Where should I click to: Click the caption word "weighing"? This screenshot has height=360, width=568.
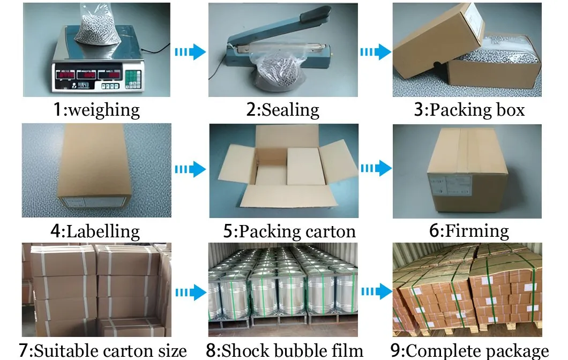click(x=104, y=110)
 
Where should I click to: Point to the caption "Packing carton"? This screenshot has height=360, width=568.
click(x=297, y=231)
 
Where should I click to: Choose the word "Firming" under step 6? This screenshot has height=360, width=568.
click(x=477, y=231)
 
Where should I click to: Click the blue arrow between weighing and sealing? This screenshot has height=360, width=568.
click(x=190, y=52)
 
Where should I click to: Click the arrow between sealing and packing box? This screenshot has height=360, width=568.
click(x=375, y=52)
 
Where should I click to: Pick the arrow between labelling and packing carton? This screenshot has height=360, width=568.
click(x=190, y=169)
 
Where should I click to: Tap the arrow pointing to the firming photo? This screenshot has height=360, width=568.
click(x=375, y=169)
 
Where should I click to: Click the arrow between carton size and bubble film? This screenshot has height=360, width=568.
click(x=190, y=292)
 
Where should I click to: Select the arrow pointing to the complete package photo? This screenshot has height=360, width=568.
click(x=375, y=292)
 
